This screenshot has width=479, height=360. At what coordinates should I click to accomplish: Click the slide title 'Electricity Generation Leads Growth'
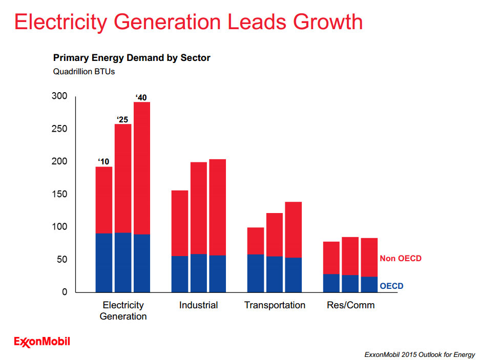188,22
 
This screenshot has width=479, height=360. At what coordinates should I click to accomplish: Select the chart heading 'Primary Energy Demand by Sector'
132,58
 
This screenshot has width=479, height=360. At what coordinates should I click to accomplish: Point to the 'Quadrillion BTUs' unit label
84,72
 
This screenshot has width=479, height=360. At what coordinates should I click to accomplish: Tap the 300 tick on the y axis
60,96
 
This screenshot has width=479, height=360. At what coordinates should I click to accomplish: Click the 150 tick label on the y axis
60,195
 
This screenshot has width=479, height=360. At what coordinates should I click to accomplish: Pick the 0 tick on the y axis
65,292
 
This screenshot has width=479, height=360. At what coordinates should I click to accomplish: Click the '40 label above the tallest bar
141,97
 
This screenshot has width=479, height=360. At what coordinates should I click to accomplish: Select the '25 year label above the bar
121,120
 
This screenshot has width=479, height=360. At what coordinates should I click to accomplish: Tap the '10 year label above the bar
103,162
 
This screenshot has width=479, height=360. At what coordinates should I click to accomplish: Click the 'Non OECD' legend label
400,259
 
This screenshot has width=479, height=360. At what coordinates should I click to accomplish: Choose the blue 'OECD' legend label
391,286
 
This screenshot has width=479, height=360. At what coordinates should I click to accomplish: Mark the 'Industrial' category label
198,305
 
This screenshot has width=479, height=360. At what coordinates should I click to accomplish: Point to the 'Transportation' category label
275,305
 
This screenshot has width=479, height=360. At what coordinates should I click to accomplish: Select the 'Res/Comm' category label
350,305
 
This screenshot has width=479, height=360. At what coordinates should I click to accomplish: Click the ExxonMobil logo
42,342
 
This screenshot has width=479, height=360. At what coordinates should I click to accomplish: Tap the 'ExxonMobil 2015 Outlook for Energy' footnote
419,354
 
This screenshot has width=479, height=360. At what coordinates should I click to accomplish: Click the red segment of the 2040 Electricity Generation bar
142,168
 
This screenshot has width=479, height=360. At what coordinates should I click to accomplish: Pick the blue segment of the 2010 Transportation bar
256,273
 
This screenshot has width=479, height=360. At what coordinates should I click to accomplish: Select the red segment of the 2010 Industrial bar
180,223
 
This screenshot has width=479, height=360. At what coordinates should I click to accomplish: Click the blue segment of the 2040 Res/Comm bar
369,285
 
